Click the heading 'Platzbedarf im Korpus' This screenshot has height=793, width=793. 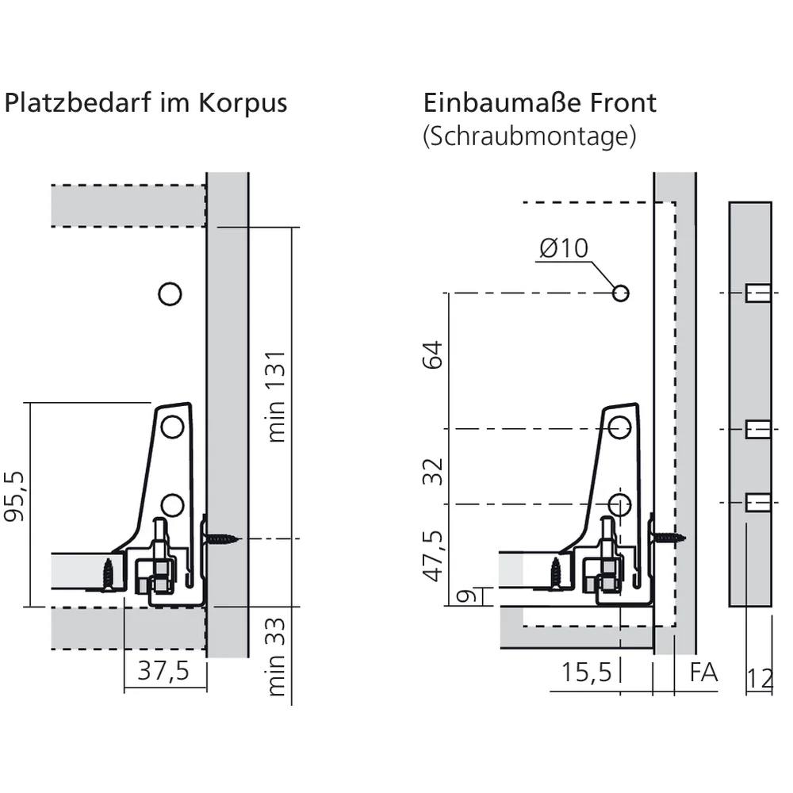click(146, 104)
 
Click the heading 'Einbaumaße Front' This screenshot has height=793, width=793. click(540, 103)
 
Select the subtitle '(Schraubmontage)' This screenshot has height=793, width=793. click(530, 136)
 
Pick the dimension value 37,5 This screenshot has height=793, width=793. click(163, 671)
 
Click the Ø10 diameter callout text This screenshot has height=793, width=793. click(564, 248)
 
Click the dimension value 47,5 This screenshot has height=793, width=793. click(432, 556)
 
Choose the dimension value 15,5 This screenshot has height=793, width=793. click(586, 672)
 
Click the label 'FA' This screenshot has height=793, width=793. click(703, 672)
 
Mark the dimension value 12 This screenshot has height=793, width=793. click(759, 678)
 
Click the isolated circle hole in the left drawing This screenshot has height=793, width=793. click(170, 294)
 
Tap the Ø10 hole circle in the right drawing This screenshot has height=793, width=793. click(621, 293)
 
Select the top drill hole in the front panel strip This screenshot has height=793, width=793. click(758, 294)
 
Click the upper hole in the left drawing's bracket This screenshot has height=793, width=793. click(172, 427)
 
